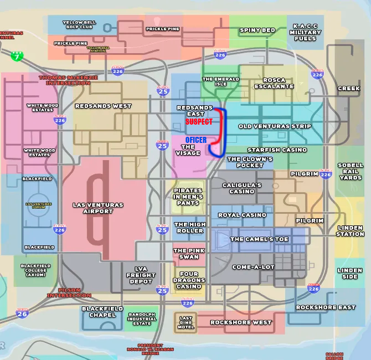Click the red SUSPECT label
click(199, 121)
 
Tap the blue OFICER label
click(196, 140)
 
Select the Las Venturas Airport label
click(98, 208)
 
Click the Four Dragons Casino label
click(189, 280)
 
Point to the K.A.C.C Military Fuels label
click(305, 32)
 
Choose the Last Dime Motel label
click(186, 322)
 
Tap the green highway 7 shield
click(17, 56)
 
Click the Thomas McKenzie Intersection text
click(68, 80)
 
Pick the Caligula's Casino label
click(242, 188)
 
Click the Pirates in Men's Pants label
click(188, 197)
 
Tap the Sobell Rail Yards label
click(350, 171)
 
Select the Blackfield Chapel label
click(99, 312)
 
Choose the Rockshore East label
click(326, 307)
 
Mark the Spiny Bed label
click(257, 30)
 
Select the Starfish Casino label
click(277, 150)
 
